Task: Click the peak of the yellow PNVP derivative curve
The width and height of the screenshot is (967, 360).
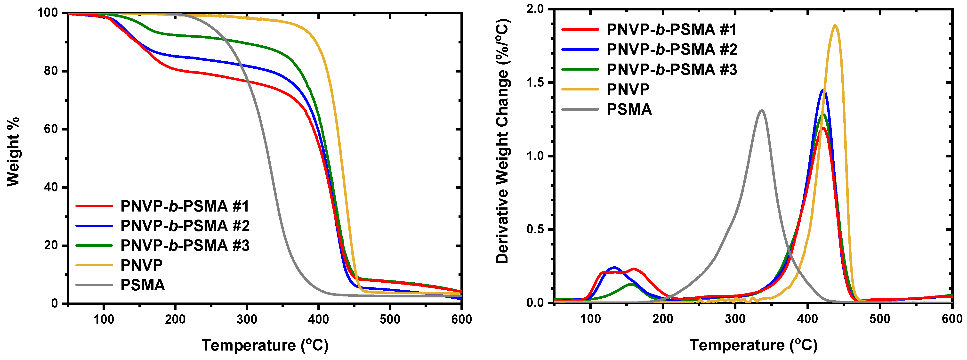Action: pos(835,25)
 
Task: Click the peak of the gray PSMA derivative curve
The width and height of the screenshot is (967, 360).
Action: pos(762,110)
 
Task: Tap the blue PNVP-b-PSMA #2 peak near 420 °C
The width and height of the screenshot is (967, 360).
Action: pos(823,90)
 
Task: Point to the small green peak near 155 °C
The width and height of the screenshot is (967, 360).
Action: pos(631,284)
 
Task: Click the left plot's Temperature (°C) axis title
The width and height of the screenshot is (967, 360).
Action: pos(265,345)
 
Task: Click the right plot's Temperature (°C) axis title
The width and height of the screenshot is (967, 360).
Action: pos(753,345)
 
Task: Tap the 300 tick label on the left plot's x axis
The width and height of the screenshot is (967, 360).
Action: pos(247,319)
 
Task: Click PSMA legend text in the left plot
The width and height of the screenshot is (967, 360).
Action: pos(143,285)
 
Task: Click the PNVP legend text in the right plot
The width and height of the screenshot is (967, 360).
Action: pos(628,89)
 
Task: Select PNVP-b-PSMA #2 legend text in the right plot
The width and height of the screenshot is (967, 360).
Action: pos(672,49)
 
